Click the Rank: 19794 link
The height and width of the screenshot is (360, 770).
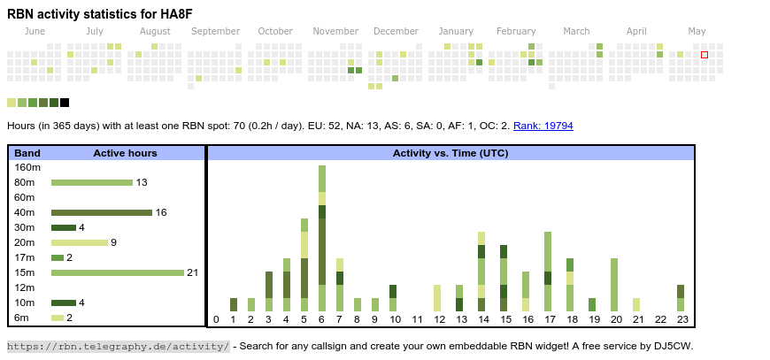(543, 126)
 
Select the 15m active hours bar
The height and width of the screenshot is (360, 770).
(117, 272)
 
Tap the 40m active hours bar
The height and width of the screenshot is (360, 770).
(102, 212)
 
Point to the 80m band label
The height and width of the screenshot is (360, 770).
(25, 182)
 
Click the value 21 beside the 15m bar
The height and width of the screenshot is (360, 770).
(192, 272)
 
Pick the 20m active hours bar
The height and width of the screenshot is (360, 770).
(80, 242)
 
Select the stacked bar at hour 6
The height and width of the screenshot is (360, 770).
(322, 238)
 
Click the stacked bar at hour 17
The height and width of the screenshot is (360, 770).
(548, 271)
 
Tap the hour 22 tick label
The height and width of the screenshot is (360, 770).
(660, 319)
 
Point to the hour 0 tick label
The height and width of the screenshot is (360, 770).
(216, 319)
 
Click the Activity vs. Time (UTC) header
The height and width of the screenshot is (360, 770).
(450, 153)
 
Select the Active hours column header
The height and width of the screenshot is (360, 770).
(125, 153)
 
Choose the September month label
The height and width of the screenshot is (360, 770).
(215, 32)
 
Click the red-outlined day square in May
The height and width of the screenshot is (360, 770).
(705, 55)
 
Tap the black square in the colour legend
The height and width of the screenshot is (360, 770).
(65, 103)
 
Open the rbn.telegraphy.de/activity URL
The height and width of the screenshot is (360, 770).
(119, 346)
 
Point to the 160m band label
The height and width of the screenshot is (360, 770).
(28, 167)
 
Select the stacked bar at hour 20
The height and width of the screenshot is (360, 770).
(614, 284)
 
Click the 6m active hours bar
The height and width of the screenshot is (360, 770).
(58, 318)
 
